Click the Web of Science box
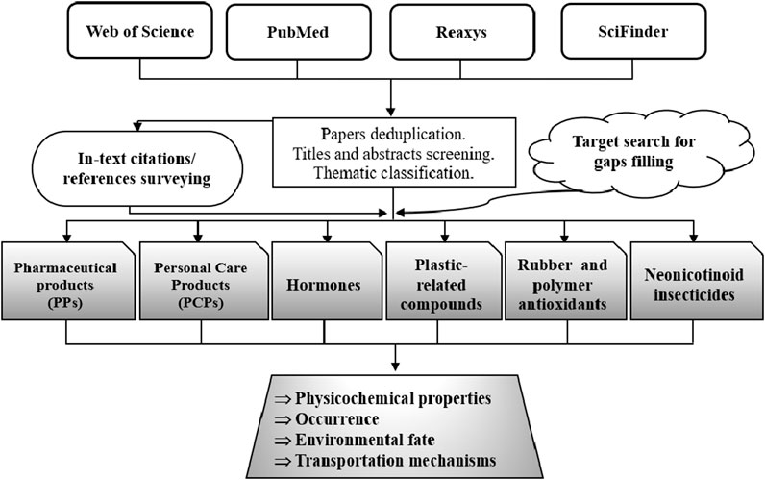pos(140,32)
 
